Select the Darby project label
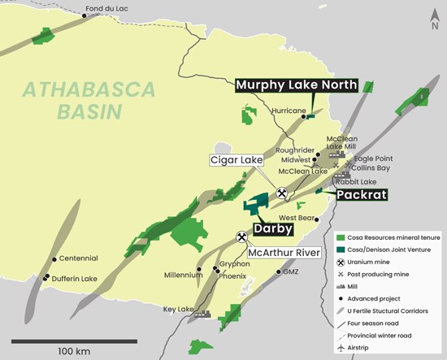click(273, 229)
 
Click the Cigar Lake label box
click(235, 161)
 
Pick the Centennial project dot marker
click(54, 259)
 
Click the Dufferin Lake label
click(75, 278)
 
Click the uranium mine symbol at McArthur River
click(241, 237)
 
